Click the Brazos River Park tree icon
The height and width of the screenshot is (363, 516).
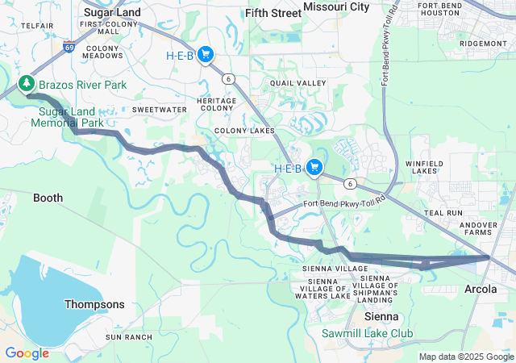point(27,83)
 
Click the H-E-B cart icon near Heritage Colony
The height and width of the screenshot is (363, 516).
point(206,54)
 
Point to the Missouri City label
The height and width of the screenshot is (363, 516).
point(336,7)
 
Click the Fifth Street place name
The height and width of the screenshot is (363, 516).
point(273,13)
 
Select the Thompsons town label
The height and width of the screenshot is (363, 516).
point(94,304)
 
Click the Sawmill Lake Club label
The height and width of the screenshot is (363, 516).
point(367,333)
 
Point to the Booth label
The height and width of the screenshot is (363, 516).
point(48,198)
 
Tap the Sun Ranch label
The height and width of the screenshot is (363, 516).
point(129,336)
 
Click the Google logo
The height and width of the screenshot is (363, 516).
point(27,353)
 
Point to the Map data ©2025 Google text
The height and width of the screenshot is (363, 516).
point(466,357)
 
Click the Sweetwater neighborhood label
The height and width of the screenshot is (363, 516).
point(154,108)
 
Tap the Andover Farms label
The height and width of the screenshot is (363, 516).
point(485,228)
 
